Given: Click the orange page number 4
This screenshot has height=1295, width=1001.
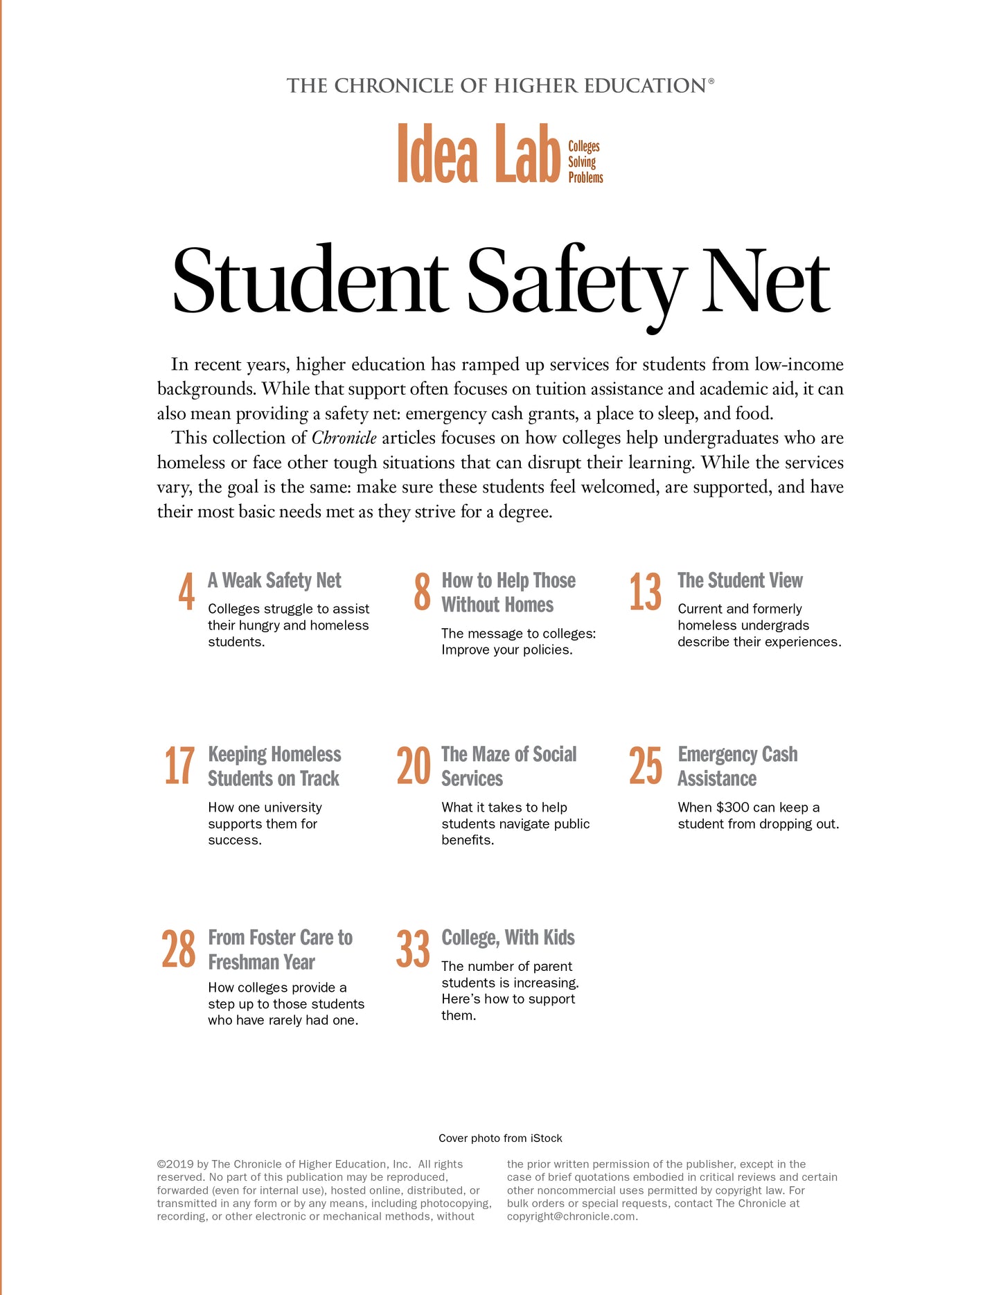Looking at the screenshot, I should (186, 592).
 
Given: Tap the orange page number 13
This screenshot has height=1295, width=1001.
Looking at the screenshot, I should (645, 592).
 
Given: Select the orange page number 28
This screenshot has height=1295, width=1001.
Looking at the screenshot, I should (179, 949).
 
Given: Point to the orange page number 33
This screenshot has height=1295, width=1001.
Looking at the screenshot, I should (413, 949).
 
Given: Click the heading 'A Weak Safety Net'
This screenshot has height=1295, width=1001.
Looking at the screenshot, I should (274, 580).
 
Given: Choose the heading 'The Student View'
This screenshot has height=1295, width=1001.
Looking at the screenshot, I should (740, 580).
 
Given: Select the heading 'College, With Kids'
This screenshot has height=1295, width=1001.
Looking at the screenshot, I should (508, 938).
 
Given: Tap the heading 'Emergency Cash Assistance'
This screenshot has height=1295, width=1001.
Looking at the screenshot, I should (737, 766).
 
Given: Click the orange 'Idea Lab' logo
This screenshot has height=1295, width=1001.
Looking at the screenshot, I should (478, 154).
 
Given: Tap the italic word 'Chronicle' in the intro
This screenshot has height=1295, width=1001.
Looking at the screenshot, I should (344, 438).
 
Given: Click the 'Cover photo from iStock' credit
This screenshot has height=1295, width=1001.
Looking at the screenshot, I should (500, 1138).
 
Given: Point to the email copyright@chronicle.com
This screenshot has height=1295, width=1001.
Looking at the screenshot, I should (572, 1216).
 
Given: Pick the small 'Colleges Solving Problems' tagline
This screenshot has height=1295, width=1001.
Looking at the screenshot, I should (585, 162).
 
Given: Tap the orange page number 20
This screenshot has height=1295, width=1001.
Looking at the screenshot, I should (413, 766).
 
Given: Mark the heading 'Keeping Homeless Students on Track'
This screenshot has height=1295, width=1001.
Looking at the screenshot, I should (274, 766).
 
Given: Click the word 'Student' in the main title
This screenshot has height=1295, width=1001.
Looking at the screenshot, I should (310, 283).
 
